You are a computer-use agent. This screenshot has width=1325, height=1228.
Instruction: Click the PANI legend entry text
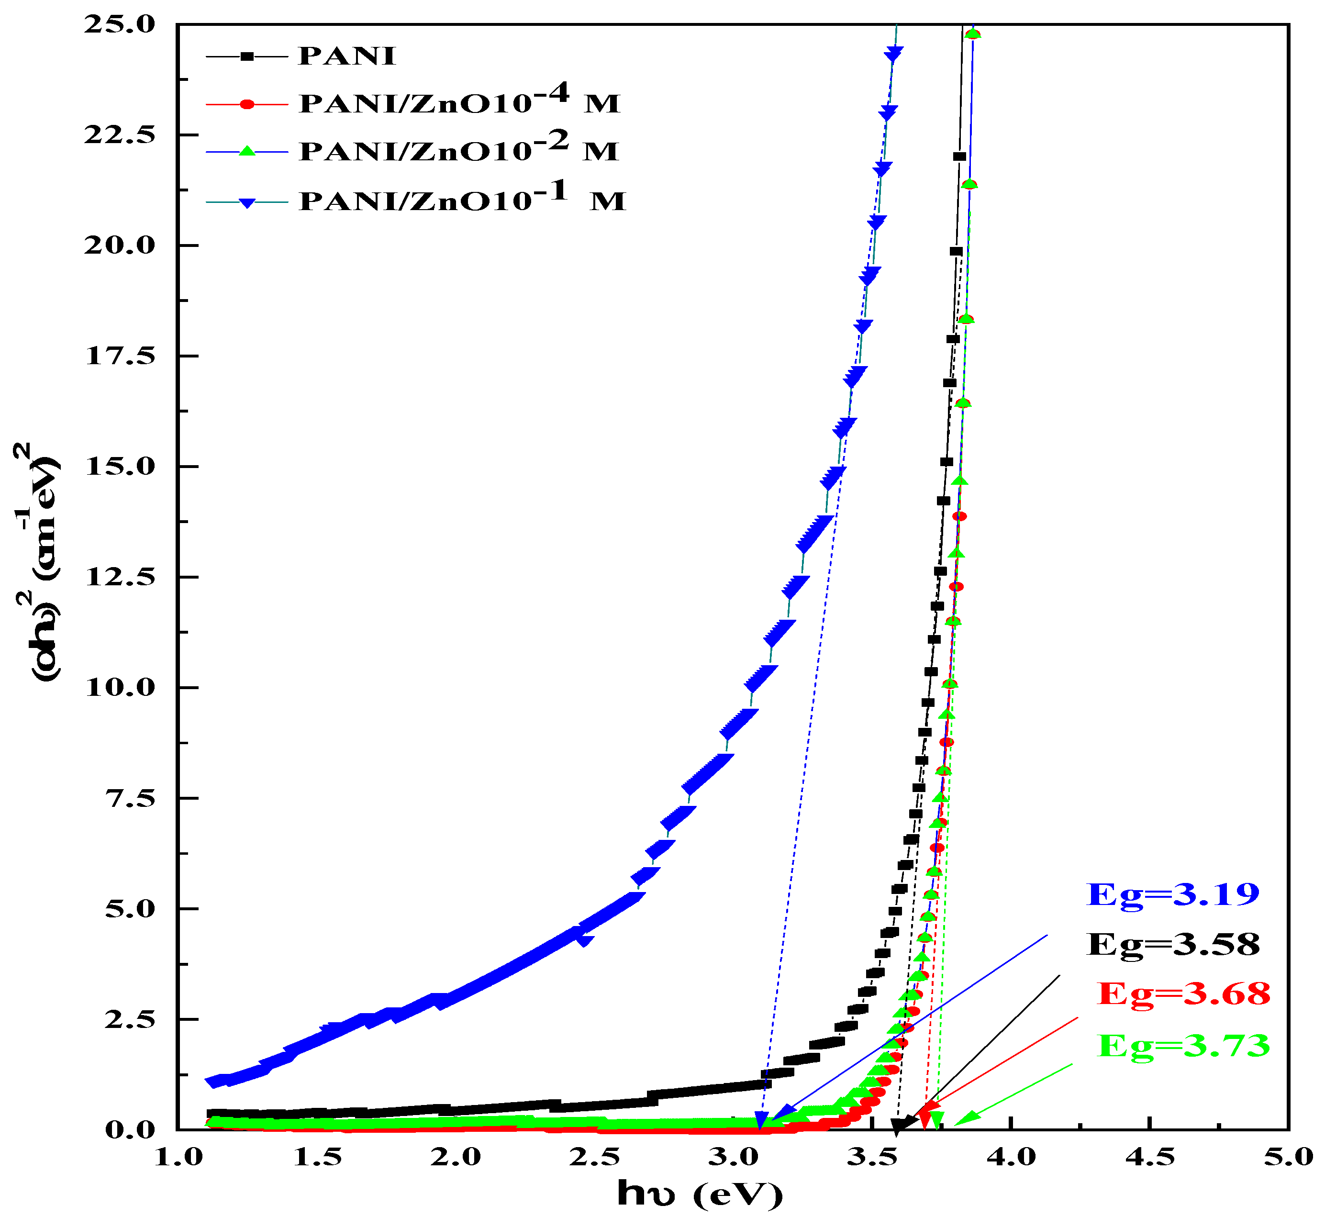click(x=347, y=56)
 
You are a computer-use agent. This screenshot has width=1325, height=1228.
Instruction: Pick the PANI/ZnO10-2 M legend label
click(x=458, y=149)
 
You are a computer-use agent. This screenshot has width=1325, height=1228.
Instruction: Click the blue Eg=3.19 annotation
click(x=1173, y=894)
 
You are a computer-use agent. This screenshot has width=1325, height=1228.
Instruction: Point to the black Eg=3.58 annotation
click(x=1173, y=944)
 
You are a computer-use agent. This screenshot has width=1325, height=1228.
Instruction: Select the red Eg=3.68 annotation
click(x=1183, y=994)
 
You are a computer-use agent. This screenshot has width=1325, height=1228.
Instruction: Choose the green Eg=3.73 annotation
click(x=1183, y=1045)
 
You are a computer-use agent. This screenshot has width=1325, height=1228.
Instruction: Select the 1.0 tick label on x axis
click(x=178, y=1158)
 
